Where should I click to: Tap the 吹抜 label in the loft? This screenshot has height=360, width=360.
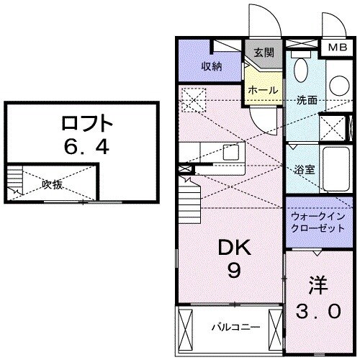(x=51, y=184)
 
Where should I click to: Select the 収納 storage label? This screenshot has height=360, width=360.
(x=211, y=66)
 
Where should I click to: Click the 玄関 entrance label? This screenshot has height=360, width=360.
(x=264, y=52)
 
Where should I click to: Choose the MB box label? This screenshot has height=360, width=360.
(x=338, y=48)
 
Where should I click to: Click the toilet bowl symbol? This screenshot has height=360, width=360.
(x=302, y=71)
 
